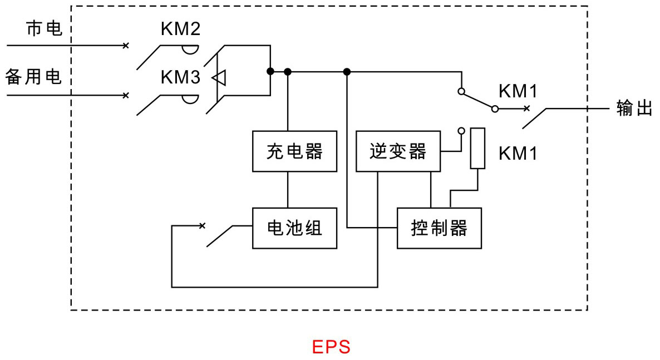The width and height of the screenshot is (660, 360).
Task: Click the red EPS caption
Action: click(331, 347)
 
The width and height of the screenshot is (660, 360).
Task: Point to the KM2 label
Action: click(180, 28)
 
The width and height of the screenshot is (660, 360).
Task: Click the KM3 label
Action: click(180, 77)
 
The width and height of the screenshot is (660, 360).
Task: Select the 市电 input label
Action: click(44, 28)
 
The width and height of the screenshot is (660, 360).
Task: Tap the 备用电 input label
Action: click(34, 77)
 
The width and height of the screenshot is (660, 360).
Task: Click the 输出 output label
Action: click(634, 108)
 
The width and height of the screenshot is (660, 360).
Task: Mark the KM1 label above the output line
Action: click(518, 91)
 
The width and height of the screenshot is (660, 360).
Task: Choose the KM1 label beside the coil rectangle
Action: click(518, 154)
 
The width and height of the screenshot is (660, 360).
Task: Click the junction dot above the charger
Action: click(288, 72)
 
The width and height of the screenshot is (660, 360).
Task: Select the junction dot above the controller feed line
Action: click(347, 72)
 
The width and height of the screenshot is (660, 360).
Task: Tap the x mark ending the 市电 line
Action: click(125, 46)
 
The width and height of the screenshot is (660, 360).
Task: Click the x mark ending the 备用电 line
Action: click(125, 96)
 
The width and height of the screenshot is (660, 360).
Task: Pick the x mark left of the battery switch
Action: click(202, 226)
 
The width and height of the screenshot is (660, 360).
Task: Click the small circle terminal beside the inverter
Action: click(461, 131)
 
